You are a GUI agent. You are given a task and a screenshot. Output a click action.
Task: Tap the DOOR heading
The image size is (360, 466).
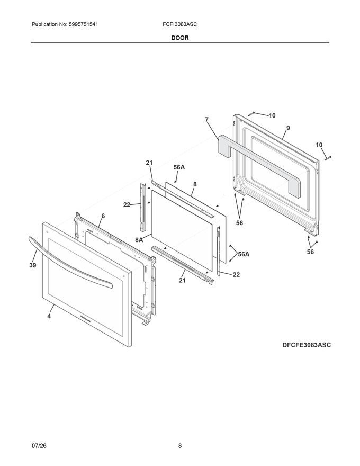click(179, 38)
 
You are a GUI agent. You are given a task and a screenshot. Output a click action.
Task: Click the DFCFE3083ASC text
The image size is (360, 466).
click(307, 345)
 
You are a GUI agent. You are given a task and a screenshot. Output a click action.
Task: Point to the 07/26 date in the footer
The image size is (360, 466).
click(39, 446)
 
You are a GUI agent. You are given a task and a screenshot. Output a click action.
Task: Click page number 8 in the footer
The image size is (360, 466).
click(179, 446)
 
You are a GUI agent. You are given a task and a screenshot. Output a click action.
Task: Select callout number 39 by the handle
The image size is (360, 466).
click(33, 265)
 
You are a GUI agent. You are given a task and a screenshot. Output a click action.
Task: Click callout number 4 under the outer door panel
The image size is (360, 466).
click(49, 316)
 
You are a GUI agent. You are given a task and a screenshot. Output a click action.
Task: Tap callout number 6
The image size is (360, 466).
click(103, 216)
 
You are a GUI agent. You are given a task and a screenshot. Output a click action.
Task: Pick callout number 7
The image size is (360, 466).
click(206, 120)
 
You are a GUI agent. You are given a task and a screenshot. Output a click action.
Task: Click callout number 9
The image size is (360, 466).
click(288, 128)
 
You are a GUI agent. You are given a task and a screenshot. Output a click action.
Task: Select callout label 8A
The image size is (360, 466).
click(139, 239)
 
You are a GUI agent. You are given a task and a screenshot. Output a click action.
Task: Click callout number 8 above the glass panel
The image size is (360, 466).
click(195, 184)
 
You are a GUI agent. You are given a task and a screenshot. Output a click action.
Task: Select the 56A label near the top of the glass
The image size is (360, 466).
click(179, 167)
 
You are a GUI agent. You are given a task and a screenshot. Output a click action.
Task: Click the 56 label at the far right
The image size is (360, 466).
click(310, 252)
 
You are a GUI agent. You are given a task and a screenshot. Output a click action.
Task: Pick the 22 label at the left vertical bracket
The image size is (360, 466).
click(127, 205)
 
